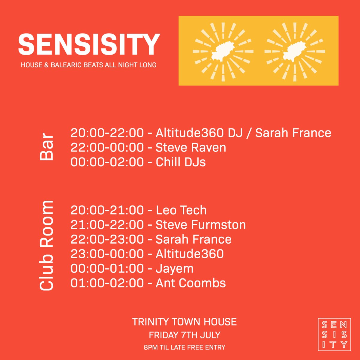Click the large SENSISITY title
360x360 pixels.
coord(89,44)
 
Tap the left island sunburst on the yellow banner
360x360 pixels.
coord(223,52)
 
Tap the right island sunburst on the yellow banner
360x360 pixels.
coord(295,52)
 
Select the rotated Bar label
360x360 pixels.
coord(47,147)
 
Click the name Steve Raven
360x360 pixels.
coord(191,148)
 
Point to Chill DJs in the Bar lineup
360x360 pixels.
coord(181,162)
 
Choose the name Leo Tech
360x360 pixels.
coord(181,210)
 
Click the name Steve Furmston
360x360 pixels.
coord(201,225)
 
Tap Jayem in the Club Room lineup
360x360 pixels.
coord(175,268)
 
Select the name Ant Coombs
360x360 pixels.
coord(191,283)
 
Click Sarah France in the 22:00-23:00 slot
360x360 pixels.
coord(193,239)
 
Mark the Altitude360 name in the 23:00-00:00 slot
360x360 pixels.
coord(190,254)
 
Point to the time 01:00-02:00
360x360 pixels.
coord(107,283)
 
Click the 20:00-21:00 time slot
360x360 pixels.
coord(107,210)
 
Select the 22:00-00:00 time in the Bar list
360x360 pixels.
coord(107,148)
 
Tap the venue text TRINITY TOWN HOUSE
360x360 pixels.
coord(184,322)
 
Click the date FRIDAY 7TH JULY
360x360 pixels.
coord(184,335)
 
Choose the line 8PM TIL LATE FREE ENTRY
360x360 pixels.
coord(184,348)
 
